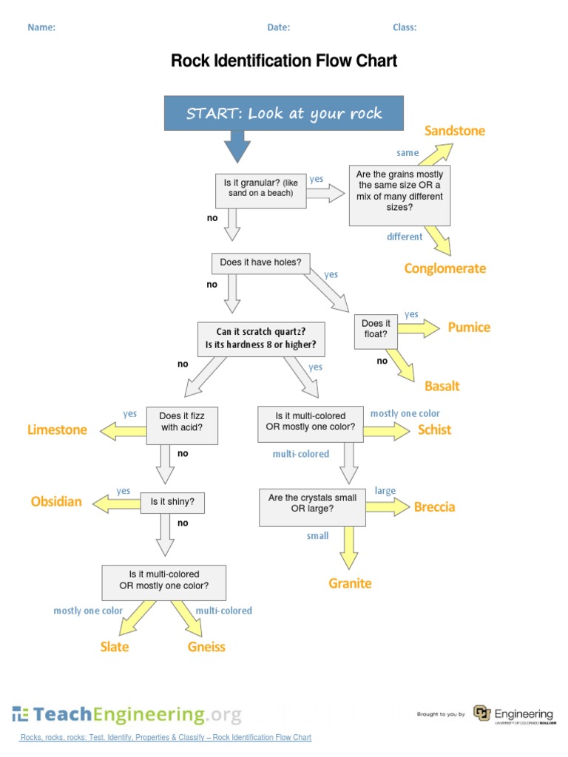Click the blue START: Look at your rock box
[x=284, y=113]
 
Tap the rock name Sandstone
[x=454, y=131]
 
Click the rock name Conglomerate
[x=444, y=268]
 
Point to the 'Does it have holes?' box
[x=260, y=262]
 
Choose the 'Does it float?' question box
[x=376, y=329]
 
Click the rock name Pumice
[x=469, y=327]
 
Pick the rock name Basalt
[x=442, y=386]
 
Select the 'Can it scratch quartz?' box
[x=261, y=338]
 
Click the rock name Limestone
[x=57, y=430]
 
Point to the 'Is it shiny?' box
[x=172, y=502]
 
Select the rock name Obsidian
[x=56, y=502]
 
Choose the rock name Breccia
[x=434, y=506]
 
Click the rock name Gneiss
[x=206, y=647]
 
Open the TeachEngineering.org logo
[x=126, y=715]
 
